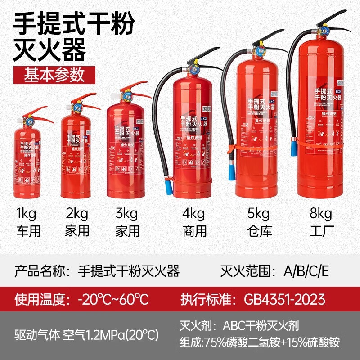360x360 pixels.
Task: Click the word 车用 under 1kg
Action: [29, 231]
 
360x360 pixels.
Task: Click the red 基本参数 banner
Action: [48, 75]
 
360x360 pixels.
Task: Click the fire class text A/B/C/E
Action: [306, 271]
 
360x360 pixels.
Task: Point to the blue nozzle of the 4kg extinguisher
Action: [169, 185]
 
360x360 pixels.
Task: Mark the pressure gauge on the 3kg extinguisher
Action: [126, 96]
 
